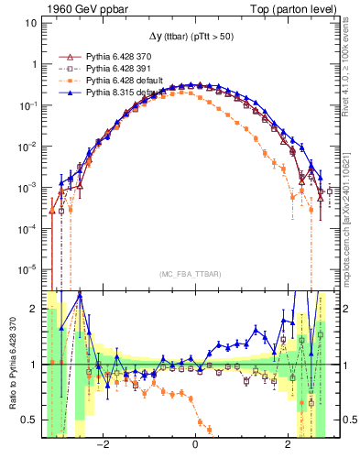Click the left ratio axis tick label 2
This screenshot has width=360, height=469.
34,310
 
